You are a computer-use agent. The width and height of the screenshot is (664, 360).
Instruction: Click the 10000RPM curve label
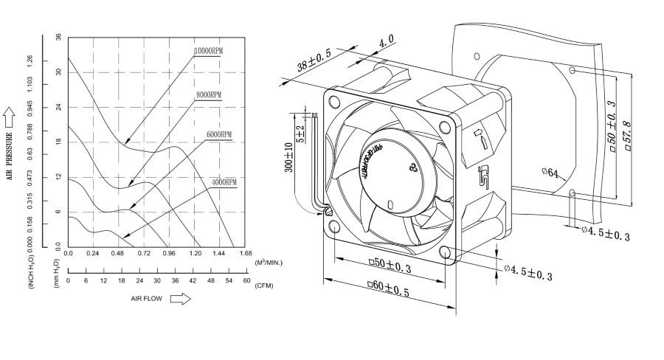[x=208, y=51]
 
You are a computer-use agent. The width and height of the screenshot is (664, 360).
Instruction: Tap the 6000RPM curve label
[x=218, y=135]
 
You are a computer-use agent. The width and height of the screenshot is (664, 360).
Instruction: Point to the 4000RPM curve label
[x=224, y=181]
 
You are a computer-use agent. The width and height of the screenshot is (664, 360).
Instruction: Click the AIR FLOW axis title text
[x=147, y=299]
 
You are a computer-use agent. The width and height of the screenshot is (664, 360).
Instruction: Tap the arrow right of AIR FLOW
[x=181, y=299]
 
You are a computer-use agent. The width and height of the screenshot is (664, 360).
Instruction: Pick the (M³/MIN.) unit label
[x=268, y=262]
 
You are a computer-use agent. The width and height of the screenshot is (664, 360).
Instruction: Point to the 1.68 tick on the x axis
[x=246, y=253]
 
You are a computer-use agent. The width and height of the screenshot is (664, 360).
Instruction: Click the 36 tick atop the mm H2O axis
[x=58, y=36]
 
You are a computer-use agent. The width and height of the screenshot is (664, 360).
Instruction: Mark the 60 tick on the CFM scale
[x=246, y=282]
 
